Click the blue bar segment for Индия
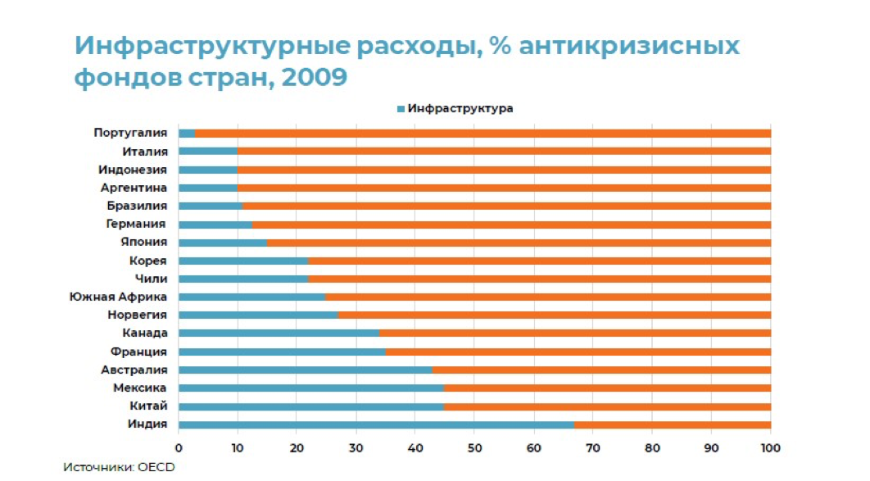pyautogui.click(x=376, y=424)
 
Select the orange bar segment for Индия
pyautogui.click(x=672, y=424)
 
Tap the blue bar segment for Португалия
pyautogui.click(x=187, y=133)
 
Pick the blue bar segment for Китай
pyautogui.click(x=311, y=406)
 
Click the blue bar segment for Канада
pyautogui.click(x=279, y=334)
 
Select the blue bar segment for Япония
pyautogui.click(x=222, y=243)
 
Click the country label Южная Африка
pyautogui.click(x=119, y=297)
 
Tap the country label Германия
pyautogui.click(x=136, y=224)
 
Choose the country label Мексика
pyautogui.click(x=140, y=388)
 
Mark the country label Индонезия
pyautogui.click(x=133, y=170)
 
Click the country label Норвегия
pyautogui.click(x=138, y=315)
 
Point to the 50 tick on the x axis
pyautogui.click(x=474, y=447)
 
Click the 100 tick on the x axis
pyautogui.click(x=770, y=447)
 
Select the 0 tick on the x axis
pyautogui.click(x=179, y=447)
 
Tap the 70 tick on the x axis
pyautogui.click(x=593, y=447)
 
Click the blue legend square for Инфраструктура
pyautogui.click(x=401, y=108)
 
